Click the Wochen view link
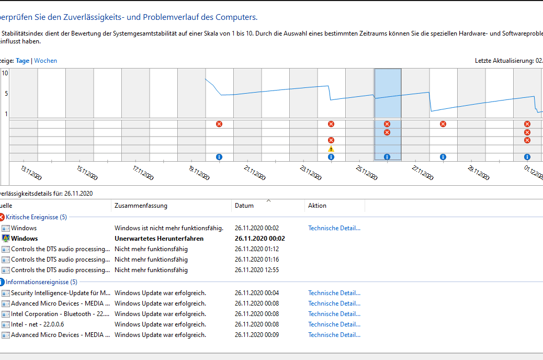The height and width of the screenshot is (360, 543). [46, 61]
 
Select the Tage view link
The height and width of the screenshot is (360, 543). [22, 61]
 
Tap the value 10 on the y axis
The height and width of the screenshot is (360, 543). [5, 73]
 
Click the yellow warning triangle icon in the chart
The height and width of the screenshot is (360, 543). [331, 149]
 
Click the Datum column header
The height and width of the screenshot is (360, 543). [244, 206]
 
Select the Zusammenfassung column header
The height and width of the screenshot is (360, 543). [141, 206]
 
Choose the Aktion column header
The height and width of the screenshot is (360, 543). [317, 206]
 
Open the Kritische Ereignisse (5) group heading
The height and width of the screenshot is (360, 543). [36, 217]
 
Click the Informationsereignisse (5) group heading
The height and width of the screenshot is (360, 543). [41, 282]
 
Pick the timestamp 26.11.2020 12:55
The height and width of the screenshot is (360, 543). [257, 270]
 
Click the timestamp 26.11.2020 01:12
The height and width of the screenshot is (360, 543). [257, 249]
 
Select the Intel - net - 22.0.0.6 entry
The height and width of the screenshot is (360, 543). [38, 324]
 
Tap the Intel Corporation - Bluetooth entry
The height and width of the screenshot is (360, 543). [60, 314]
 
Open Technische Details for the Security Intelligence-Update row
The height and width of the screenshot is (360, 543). [334, 293]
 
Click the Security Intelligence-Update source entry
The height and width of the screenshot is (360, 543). [60, 293]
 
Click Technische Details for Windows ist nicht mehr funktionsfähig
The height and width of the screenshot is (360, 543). [334, 228]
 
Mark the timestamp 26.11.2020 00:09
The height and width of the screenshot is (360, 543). [257, 335]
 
